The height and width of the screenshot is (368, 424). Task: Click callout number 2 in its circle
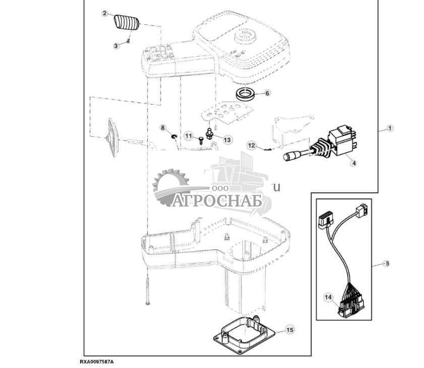tap(104, 14)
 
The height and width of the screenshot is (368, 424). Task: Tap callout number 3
tap(116, 45)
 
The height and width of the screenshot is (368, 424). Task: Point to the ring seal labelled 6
tap(247, 93)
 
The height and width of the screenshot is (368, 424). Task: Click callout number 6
tap(267, 93)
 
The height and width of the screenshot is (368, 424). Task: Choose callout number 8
tap(163, 128)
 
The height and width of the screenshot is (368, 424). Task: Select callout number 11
tap(188, 136)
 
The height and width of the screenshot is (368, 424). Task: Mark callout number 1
tap(390, 128)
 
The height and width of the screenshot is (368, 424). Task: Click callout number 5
tap(387, 263)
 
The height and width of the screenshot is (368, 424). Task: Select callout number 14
tap(328, 298)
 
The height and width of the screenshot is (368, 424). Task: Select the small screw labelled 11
tap(201, 140)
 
